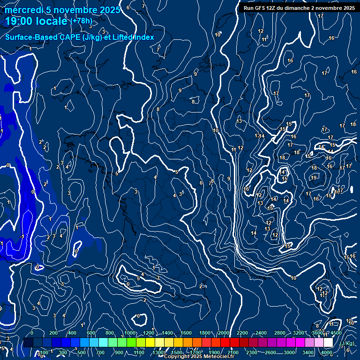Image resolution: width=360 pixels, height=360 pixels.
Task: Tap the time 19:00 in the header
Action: coord(19,22)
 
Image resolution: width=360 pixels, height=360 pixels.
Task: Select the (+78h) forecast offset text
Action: coord(81,21)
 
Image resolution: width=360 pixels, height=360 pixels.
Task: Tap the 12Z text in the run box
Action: coord(273,8)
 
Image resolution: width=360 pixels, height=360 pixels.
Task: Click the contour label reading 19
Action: coord(314,178)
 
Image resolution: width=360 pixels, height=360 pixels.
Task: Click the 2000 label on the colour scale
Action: coord(223,333)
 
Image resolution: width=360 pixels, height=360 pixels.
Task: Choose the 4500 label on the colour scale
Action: coord(336,333)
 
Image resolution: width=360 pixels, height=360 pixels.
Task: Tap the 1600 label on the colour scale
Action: coord(186,333)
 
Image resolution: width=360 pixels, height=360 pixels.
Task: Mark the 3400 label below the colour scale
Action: coord(308,352)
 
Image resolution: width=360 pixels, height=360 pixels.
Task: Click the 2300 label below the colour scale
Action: coord(252,352)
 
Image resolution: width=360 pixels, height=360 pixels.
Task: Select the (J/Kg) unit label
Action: coord(347,343)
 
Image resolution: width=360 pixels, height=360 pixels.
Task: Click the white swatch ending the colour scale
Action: coord(328,343)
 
